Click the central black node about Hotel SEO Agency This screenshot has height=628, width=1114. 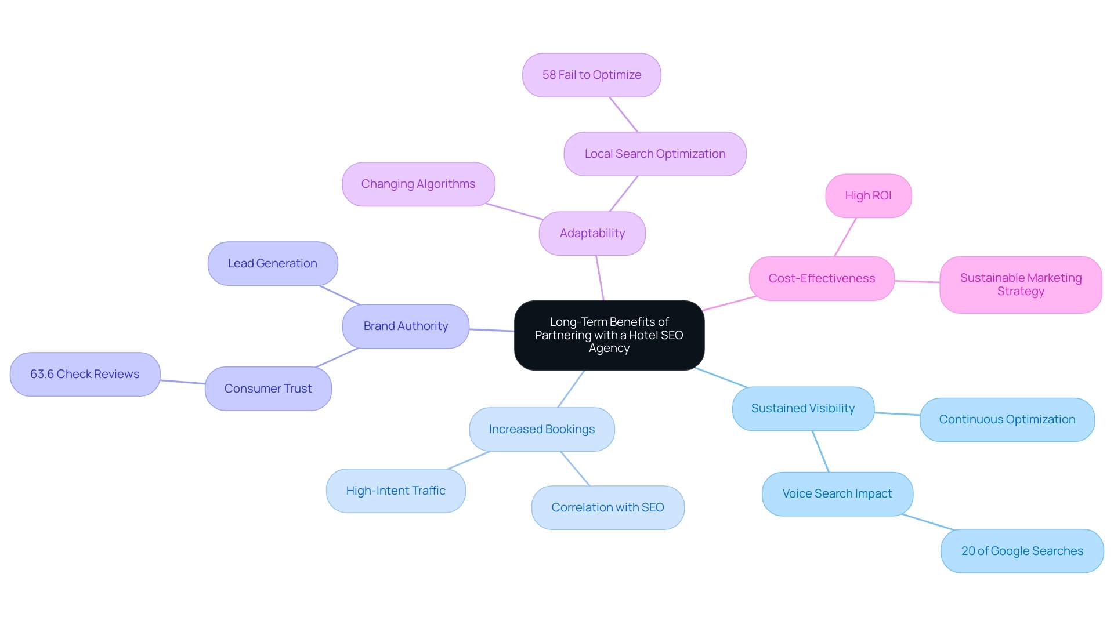(x=609, y=335)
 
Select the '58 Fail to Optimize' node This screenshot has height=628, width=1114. (x=591, y=75)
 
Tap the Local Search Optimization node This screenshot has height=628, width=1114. (x=654, y=154)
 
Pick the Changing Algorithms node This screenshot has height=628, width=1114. (x=418, y=184)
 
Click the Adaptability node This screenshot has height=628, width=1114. (x=592, y=234)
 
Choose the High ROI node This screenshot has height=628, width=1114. (x=868, y=196)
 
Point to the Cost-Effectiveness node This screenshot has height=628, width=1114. (x=821, y=279)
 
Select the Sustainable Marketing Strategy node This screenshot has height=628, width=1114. (x=1020, y=285)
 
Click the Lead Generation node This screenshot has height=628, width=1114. (x=272, y=264)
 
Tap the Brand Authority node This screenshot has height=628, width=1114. (x=405, y=326)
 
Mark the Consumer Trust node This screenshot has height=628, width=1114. (x=267, y=389)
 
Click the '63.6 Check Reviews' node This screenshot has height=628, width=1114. (x=85, y=375)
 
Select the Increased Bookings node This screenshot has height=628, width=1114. (x=541, y=430)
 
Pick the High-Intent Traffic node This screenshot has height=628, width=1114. (x=395, y=491)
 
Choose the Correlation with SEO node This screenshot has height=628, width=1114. (x=607, y=508)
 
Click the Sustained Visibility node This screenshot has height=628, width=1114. (x=802, y=409)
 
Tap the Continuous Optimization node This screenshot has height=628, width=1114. (x=1007, y=420)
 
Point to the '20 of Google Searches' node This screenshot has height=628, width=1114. (x=1022, y=551)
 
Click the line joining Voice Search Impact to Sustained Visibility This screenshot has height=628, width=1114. (x=820, y=452)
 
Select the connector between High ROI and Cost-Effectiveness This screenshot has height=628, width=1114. (x=845, y=237)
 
